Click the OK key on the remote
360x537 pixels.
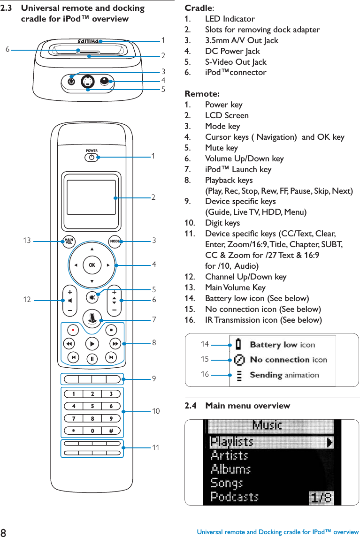point(92,265)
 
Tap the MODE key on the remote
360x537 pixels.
point(115,242)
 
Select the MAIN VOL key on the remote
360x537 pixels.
point(69,242)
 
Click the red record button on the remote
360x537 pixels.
point(74,329)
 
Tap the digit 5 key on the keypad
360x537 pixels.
point(92,406)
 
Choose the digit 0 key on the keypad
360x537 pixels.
point(92,431)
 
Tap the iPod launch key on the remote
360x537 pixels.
point(92,317)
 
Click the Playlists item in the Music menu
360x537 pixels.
point(232,442)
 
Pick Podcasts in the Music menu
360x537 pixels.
point(234,496)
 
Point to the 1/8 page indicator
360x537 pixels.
point(321,497)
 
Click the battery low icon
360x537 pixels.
point(239,345)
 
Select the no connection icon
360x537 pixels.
point(239,360)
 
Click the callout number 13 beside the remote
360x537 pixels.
point(27,241)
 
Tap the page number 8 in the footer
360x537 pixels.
point(4,532)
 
